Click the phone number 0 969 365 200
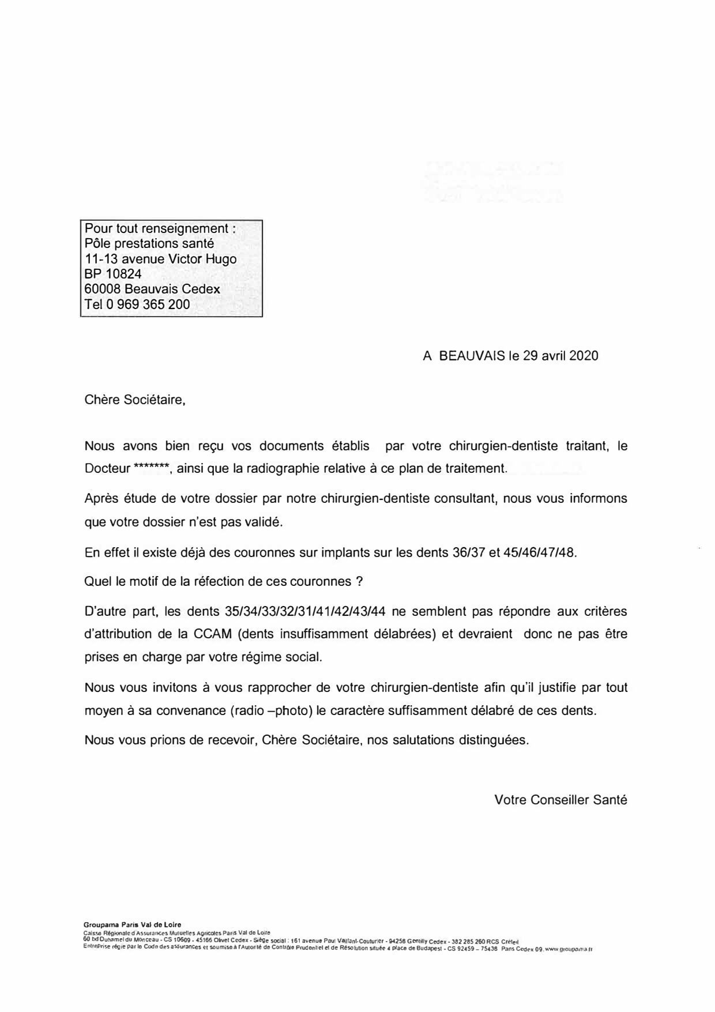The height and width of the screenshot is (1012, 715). click(x=148, y=304)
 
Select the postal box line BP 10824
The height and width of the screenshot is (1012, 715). click(x=113, y=274)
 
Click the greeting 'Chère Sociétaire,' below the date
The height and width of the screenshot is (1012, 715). click(x=135, y=400)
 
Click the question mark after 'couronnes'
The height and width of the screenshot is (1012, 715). click(x=359, y=581)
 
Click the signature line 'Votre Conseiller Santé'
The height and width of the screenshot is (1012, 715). click(x=560, y=800)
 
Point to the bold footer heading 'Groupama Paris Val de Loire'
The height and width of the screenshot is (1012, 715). click(x=132, y=924)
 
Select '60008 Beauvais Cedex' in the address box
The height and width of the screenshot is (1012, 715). click(x=152, y=289)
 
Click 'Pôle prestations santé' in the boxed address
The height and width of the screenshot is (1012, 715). click(x=149, y=244)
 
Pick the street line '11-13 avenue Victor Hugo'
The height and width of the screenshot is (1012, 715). click(x=160, y=259)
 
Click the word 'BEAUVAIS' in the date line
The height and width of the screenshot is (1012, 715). click(x=472, y=356)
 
